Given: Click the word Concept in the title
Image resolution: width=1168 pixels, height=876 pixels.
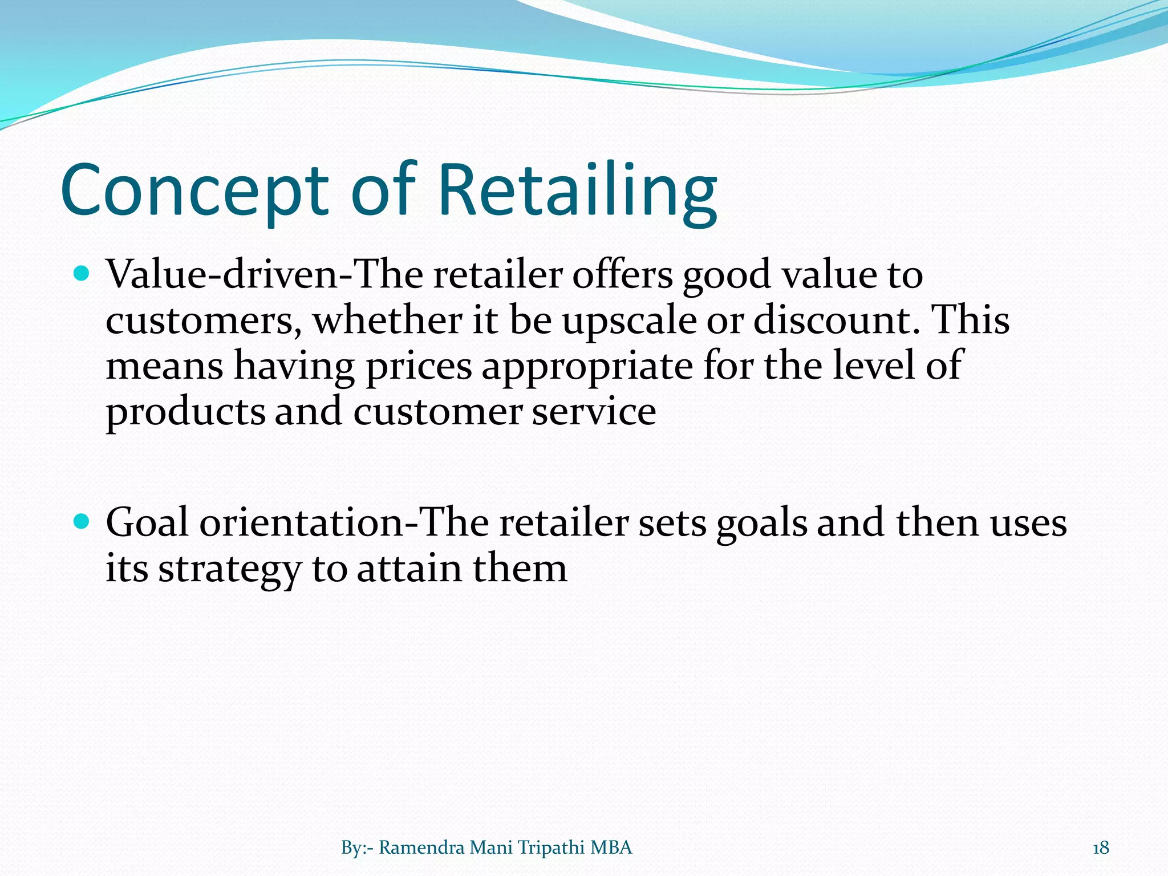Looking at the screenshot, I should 194,191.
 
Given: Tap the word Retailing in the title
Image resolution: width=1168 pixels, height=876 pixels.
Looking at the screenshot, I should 576,191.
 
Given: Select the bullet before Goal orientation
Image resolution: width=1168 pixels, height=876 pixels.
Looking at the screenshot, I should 82,521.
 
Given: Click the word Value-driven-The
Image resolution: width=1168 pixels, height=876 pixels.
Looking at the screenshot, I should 265,275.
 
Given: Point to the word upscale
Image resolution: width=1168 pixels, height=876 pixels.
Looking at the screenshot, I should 629,321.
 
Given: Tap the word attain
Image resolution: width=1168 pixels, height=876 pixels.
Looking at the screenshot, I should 409,569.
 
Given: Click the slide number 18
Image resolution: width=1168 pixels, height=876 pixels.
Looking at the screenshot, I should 1101,848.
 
